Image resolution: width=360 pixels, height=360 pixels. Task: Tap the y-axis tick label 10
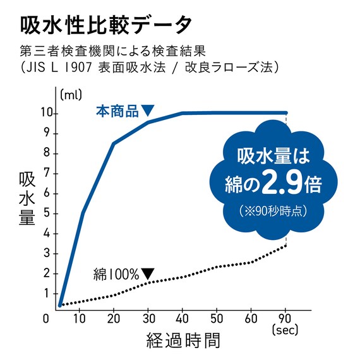[46, 113]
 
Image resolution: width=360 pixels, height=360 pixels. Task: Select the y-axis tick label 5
[47, 213]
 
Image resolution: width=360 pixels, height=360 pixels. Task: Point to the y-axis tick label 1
[47, 293]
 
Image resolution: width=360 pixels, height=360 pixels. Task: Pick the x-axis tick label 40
[183, 318]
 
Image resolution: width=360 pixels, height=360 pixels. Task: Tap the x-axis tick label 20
[114, 318]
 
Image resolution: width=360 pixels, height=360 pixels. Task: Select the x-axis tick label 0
[46, 318]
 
